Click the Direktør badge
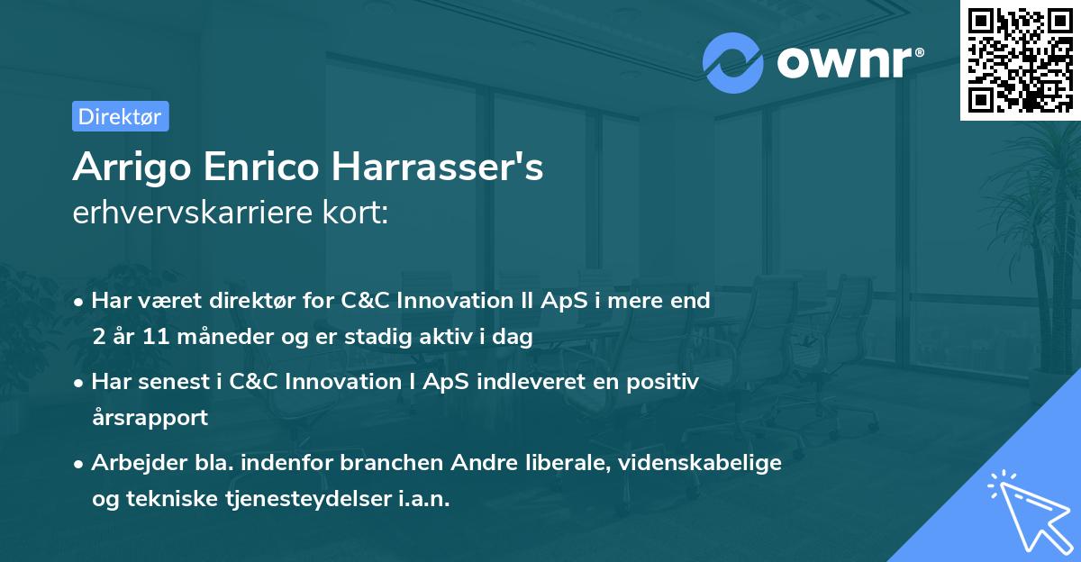120,116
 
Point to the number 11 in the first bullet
150,337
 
